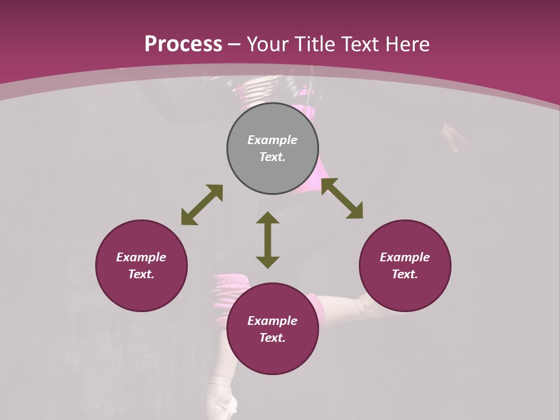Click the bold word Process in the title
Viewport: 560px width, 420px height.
click(183, 44)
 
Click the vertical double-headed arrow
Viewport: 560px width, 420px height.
click(268, 240)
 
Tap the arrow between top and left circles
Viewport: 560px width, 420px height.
click(202, 205)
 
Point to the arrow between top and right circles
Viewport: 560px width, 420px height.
click(342, 198)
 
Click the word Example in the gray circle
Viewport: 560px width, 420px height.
click(272, 140)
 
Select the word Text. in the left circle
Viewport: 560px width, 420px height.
click(141, 274)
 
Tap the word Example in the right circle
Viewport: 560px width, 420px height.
click(405, 257)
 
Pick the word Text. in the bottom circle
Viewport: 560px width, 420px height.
click(272, 338)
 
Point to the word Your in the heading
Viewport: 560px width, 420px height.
click(268, 44)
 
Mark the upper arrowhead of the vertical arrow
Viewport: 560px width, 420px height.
click(268, 218)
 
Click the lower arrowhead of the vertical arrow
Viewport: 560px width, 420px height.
click(268, 262)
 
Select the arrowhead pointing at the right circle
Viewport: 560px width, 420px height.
click(355, 211)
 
